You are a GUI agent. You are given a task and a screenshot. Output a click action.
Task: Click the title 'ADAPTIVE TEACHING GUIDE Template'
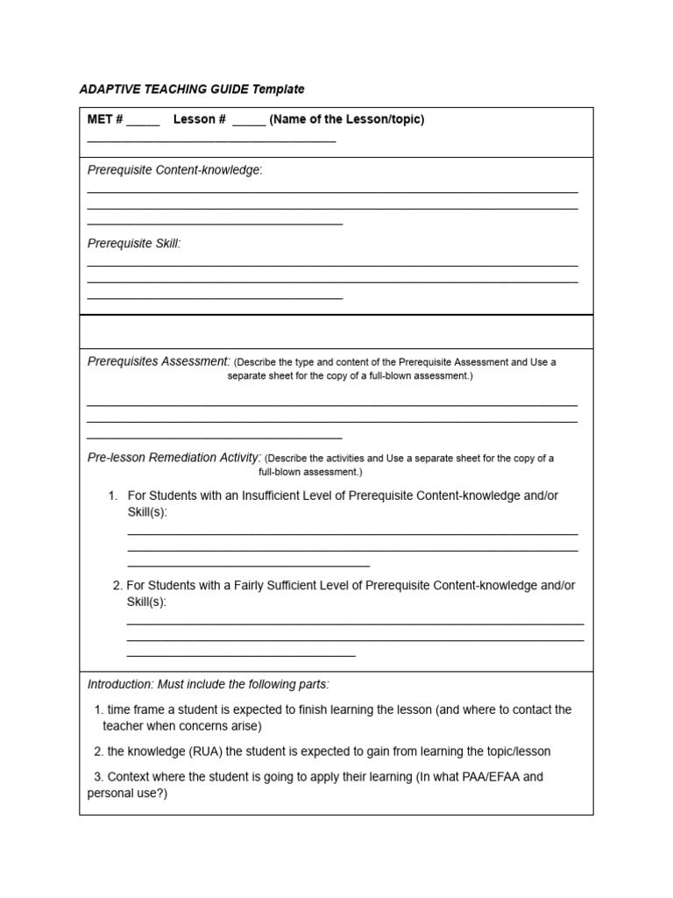point(192,89)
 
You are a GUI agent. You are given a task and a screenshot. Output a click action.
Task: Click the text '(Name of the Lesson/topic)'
point(347,119)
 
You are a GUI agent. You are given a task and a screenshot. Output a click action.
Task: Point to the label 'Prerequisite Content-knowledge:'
point(174,170)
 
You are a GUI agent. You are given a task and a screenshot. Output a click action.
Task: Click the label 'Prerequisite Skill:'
point(134,244)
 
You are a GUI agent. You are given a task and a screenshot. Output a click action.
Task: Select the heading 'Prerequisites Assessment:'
point(159,361)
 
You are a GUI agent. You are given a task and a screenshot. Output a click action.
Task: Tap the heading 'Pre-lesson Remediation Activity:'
point(174,457)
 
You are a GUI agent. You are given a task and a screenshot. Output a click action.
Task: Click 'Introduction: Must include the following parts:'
point(209,684)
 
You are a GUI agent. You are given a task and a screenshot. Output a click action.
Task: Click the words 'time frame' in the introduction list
point(136,709)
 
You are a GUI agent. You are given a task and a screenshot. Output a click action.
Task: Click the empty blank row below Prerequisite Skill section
point(336,332)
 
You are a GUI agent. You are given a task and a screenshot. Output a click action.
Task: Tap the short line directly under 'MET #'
point(211,139)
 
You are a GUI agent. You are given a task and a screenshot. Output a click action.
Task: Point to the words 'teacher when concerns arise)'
point(182,726)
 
